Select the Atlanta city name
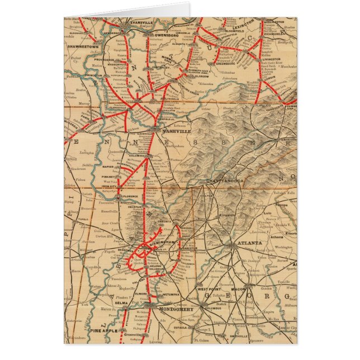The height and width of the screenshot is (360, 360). pos(249,244)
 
